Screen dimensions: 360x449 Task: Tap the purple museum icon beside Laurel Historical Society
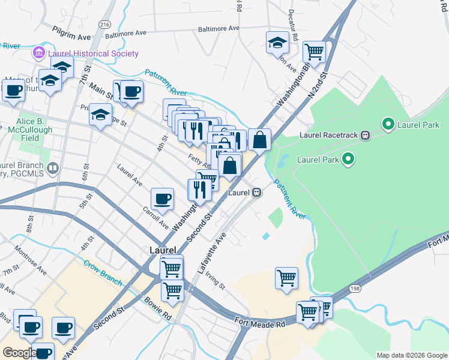40,53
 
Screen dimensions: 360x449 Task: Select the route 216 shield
105,24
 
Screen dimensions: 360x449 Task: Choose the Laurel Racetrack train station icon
364,135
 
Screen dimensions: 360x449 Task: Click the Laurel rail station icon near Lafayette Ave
256,193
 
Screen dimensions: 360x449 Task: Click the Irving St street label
214,279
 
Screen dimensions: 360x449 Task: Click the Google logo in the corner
19,353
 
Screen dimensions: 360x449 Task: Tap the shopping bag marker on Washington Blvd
259,139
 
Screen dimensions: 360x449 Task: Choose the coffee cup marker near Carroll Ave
162,198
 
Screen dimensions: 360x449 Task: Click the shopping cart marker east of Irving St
287,278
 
